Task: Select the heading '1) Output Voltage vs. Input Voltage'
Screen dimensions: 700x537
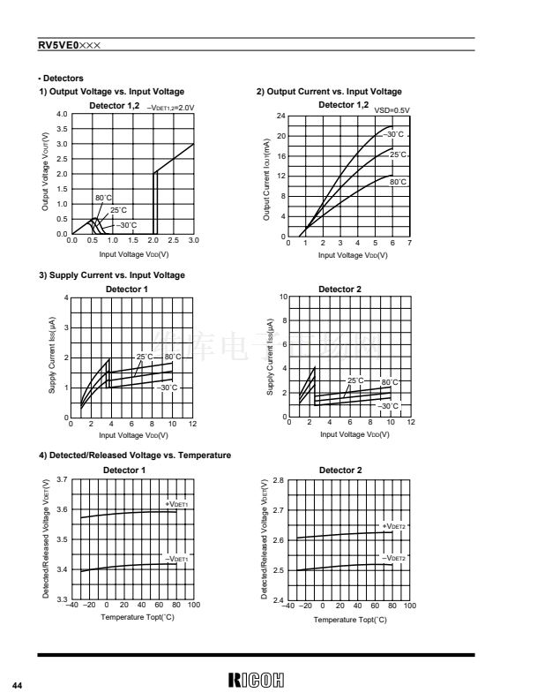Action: pos(111,92)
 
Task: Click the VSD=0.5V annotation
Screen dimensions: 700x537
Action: pos(392,110)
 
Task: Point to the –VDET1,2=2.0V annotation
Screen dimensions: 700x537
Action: pos(170,107)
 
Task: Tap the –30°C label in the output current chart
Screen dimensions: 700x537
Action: pos(393,134)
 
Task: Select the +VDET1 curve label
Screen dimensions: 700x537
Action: pos(176,504)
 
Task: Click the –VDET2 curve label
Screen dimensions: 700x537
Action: pos(393,559)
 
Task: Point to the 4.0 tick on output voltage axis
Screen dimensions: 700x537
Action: pos(61,115)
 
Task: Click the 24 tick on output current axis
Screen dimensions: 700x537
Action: pos(280,117)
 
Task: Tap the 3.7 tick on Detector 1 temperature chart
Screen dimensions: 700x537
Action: pos(61,479)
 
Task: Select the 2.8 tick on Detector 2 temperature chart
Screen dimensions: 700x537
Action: pos(278,480)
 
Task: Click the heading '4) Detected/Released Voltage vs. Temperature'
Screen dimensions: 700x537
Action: pos(135,455)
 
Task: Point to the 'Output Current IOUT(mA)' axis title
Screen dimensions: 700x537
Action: pos(266,178)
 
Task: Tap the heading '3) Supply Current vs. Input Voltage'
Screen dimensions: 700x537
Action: pos(112,275)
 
